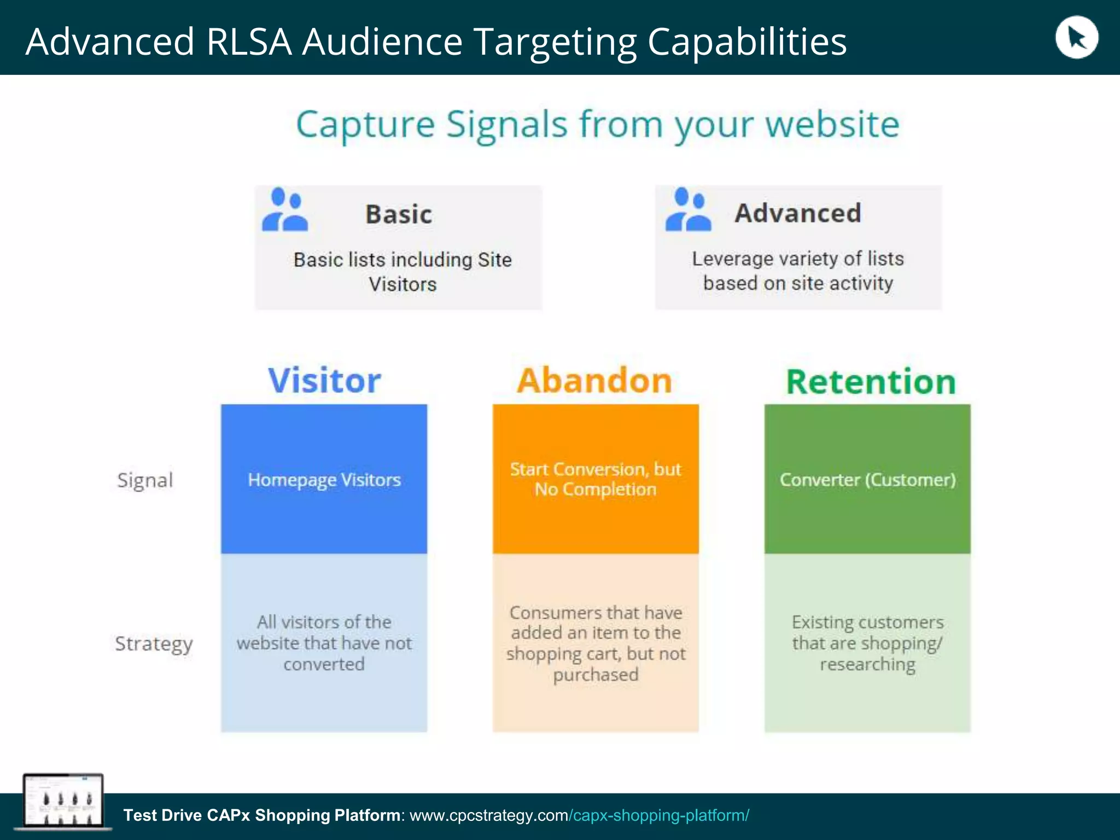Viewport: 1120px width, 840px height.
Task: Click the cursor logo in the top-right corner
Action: pyautogui.click(x=1076, y=38)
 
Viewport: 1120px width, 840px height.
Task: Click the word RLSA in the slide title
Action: pyautogui.click(x=249, y=42)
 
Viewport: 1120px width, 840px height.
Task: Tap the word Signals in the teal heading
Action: pyautogui.click(x=507, y=125)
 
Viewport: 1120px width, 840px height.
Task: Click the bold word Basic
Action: pyautogui.click(x=399, y=214)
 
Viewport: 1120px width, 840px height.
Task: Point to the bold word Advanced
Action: pyautogui.click(x=798, y=213)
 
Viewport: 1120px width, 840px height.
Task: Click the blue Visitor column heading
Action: pyautogui.click(x=324, y=381)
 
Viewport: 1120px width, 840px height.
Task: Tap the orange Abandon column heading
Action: pyautogui.click(x=594, y=381)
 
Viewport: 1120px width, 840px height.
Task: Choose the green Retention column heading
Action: pyautogui.click(x=871, y=382)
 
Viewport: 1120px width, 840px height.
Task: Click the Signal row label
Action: pyautogui.click(x=145, y=480)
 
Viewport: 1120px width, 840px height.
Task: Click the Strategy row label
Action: pyautogui.click(x=154, y=644)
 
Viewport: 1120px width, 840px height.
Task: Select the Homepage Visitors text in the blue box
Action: pyautogui.click(x=324, y=480)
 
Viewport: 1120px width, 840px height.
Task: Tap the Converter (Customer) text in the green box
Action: pyautogui.click(x=867, y=480)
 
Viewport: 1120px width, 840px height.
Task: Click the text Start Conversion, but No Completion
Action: pyautogui.click(x=596, y=479)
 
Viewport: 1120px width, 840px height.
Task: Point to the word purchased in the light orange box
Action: pyautogui.click(x=596, y=675)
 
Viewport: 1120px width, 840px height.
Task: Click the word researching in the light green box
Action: pyautogui.click(x=867, y=664)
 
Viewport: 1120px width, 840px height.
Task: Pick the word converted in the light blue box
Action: pyautogui.click(x=324, y=664)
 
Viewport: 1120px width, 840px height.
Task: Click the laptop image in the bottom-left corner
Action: pyautogui.click(x=62, y=801)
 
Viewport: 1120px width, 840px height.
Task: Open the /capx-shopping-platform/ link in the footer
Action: pyautogui.click(x=659, y=815)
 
